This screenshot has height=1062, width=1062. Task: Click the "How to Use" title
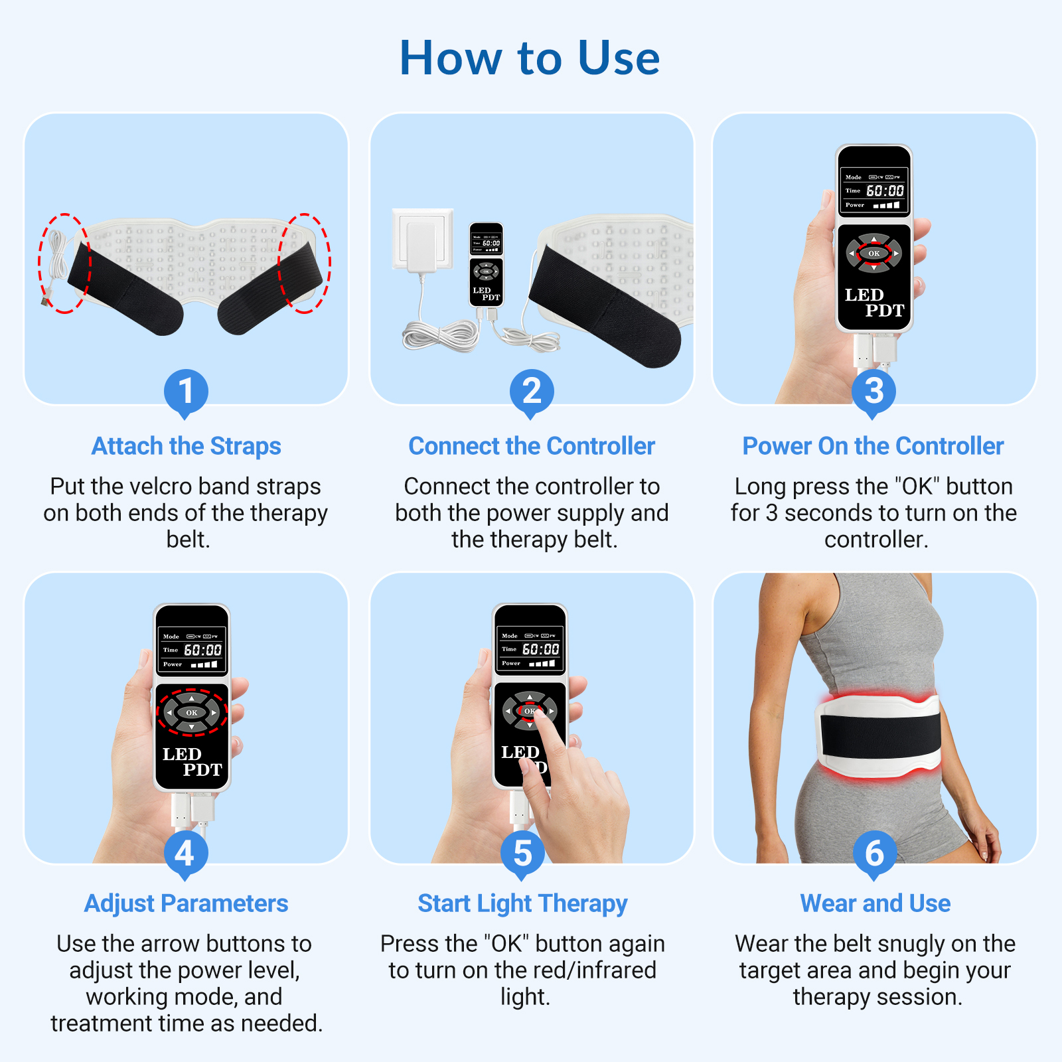[x=530, y=58]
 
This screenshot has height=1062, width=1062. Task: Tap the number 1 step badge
[x=186, y=391]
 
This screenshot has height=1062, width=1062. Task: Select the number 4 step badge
[x=186, y=853]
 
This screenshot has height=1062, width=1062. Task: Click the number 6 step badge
[x=874, y=853]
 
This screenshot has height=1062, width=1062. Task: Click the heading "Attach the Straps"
[x=186, y=446]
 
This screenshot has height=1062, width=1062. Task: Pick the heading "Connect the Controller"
[x=532, y=446]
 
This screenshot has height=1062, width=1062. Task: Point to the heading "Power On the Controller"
[x=873, y=446]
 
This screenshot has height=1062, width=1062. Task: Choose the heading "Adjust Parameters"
[x=186, y=903]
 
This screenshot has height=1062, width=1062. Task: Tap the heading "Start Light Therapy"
[x=522, y=903]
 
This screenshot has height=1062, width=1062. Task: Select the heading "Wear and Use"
[x=875, y=903]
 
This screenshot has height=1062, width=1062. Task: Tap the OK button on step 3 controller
[x=874, y=253]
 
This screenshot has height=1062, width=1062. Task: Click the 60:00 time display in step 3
[x=885, y=191]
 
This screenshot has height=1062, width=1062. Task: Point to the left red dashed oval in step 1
[x=64, y=263]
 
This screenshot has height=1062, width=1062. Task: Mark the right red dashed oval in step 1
[x=305, y=263]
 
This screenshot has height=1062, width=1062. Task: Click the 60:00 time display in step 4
[x=202, y=650]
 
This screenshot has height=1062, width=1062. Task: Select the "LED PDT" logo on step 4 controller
[x=192, y=762]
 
